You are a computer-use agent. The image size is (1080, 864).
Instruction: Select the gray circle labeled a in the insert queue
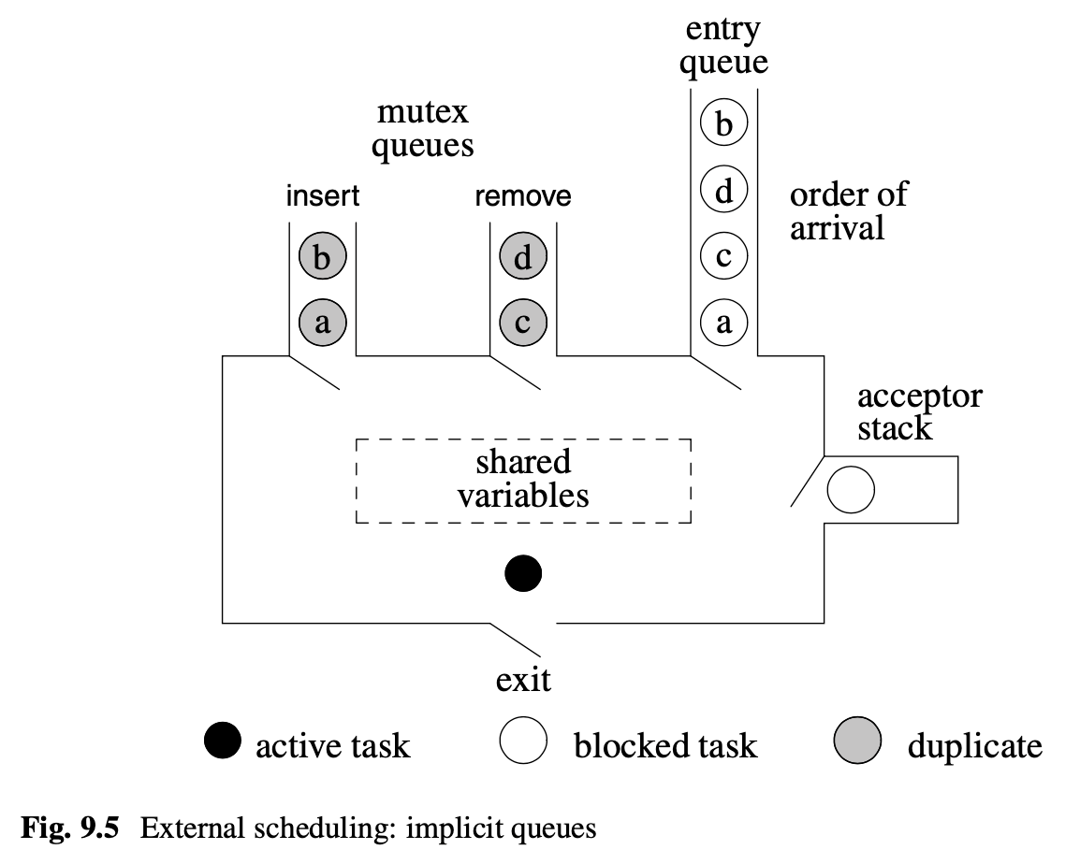323,324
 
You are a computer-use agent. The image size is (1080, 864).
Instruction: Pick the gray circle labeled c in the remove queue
523,324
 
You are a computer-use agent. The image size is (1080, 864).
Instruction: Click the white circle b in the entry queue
723,123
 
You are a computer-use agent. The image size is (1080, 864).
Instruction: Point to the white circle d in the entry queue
723,191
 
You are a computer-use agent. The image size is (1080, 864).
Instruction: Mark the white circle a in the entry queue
723,324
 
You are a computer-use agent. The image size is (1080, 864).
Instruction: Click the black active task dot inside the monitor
523,573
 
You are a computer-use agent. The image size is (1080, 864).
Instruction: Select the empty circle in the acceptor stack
851,489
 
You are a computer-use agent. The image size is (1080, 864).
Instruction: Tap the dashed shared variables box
523,480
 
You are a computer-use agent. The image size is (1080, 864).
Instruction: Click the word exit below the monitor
523,680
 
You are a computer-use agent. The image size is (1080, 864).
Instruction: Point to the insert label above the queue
323,197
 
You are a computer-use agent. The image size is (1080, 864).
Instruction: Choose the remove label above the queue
523,197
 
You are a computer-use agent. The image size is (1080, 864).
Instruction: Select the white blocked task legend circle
522,743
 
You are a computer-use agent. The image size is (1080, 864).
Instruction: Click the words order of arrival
848,211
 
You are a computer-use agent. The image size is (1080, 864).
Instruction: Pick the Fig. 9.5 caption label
69,828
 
